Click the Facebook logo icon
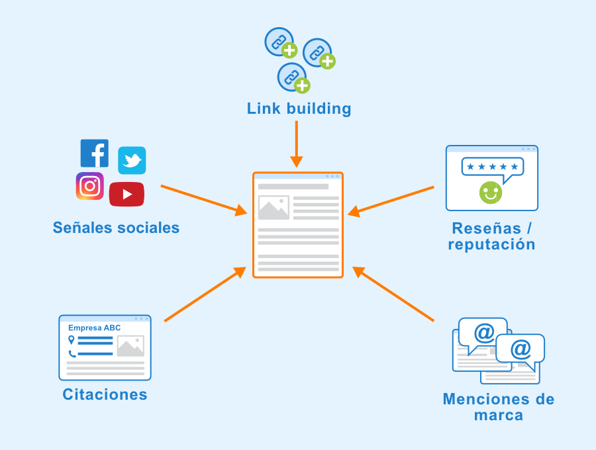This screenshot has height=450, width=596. coord(94,153)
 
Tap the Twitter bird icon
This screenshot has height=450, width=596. coord(132,161)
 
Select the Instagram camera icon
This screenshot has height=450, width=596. coord(89,186)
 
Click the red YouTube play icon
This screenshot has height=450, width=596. coord(126,194)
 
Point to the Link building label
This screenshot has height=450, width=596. coord(299,109)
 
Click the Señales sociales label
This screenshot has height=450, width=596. coord(116,228)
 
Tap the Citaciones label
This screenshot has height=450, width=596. coord(105,394)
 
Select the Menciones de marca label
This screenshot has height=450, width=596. coord(498,407)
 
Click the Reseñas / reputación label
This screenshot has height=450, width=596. coord(491,236)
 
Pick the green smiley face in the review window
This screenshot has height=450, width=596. coord(491,192)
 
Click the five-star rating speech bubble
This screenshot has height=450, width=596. coord(492,167)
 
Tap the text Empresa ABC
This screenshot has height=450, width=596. coord(94,328)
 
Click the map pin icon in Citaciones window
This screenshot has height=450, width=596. coord(72,340)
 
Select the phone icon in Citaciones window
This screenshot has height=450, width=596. coord(72,353)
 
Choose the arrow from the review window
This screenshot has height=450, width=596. coord(391,201)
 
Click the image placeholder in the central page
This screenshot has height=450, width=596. coord(273,207)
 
